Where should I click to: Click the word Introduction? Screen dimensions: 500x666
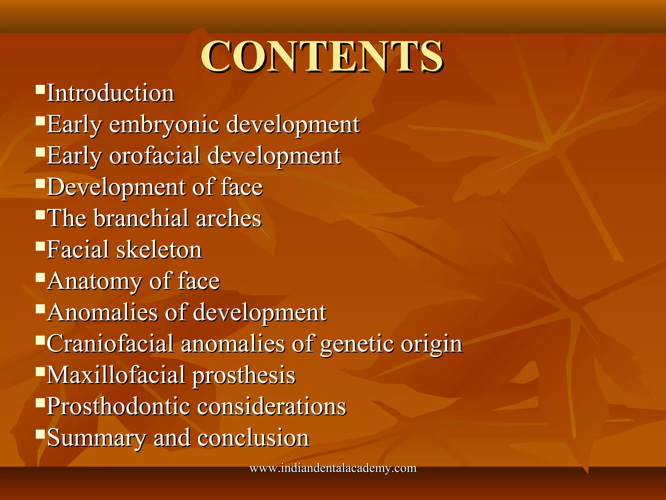point(111,93)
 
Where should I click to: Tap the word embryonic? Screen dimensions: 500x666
point(164,125)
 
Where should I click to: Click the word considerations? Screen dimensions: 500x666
point(272,407)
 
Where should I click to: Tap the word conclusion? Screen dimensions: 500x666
point(253,438)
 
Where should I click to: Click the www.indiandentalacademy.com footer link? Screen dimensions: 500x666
point(333,468)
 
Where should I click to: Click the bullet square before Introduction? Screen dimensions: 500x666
point(40,89)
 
